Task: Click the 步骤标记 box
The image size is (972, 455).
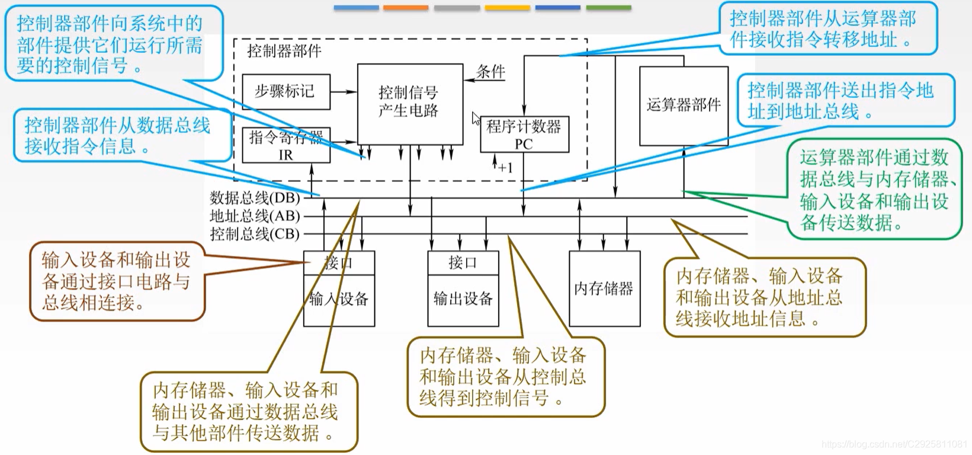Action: (x=286, y=92)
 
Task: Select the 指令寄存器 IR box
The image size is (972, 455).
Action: (x=286, y=146)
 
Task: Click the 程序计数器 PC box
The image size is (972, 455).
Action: (x=524, y=134)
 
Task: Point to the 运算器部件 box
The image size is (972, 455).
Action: (x=684, y=105)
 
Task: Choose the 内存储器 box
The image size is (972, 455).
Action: (x=604, y=289)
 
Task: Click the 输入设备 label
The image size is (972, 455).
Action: (x=339, y=299)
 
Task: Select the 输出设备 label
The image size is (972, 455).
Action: (x=463, y=299)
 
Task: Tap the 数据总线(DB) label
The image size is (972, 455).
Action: (x=255, y=197)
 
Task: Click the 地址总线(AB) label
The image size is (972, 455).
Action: (x=255, y=216)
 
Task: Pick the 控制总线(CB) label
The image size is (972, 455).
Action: (x=255, y=234)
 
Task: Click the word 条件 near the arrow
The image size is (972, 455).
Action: (x=490, y=72)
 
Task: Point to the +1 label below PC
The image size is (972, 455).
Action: (x=505, y=168)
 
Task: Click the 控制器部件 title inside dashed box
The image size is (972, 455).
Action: (x=284, y=51)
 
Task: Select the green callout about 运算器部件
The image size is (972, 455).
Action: (x=874, y=190)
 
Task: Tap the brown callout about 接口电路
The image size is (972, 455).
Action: (x=116, y=281)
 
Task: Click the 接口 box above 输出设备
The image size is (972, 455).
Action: (x=463, y=262)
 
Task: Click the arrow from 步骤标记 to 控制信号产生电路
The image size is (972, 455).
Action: (x=344, y=92)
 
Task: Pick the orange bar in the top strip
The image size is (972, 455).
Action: (x=406, y=8)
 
